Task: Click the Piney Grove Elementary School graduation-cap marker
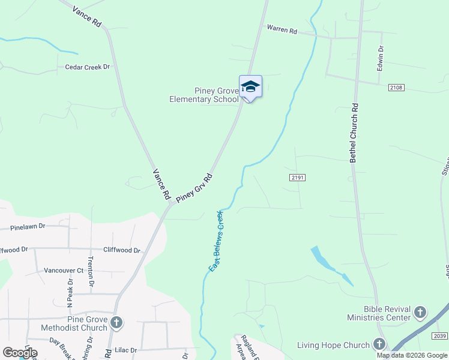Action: [x=250, y=87]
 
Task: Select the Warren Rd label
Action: [x=282, y=29]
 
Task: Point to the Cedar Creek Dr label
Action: [x=88, y=67]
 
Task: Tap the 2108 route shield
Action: [x=396, y=88]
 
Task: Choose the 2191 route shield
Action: [x=297, y=178]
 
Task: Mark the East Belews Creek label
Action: [x=215, y=241]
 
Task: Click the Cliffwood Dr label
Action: [x=121, y=250]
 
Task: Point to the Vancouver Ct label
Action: [x=64, y=271]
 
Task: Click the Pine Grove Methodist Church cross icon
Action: [x=116, y=323]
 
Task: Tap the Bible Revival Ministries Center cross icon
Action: [x=420, y=312]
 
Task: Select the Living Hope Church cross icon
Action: [x=379, y=344]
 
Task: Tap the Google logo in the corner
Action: [x=20, y=353]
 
